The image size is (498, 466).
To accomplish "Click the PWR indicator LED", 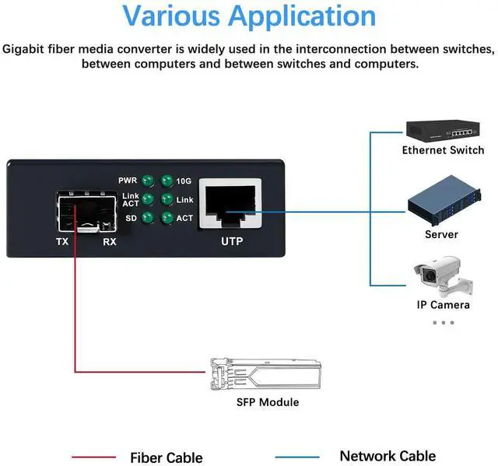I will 146,181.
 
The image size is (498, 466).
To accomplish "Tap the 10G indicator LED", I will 166,181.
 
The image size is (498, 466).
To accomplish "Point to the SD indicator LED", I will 146,219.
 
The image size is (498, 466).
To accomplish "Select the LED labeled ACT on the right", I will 166,219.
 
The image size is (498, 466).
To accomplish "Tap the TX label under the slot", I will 63,242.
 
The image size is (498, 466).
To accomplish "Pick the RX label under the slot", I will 110,242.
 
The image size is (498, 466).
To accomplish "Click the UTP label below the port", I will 232,242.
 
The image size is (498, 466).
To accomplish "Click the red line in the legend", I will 93,457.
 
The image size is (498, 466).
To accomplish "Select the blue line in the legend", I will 296,457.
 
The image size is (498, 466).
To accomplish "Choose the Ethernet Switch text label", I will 443,150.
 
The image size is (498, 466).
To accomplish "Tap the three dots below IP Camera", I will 443,322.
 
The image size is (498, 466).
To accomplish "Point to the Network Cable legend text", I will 388,457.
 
